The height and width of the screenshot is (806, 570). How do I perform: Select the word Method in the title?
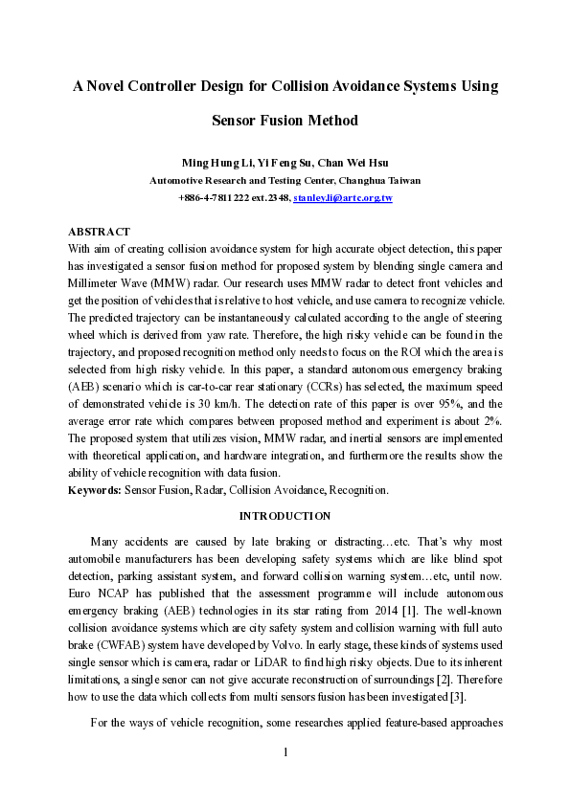tap(331, 121)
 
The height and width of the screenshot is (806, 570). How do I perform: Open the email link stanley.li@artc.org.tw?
tap(343, 197)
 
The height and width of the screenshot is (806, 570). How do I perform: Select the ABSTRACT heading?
tap(99, 232)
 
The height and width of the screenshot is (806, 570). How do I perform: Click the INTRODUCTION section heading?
tap(285, 515)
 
